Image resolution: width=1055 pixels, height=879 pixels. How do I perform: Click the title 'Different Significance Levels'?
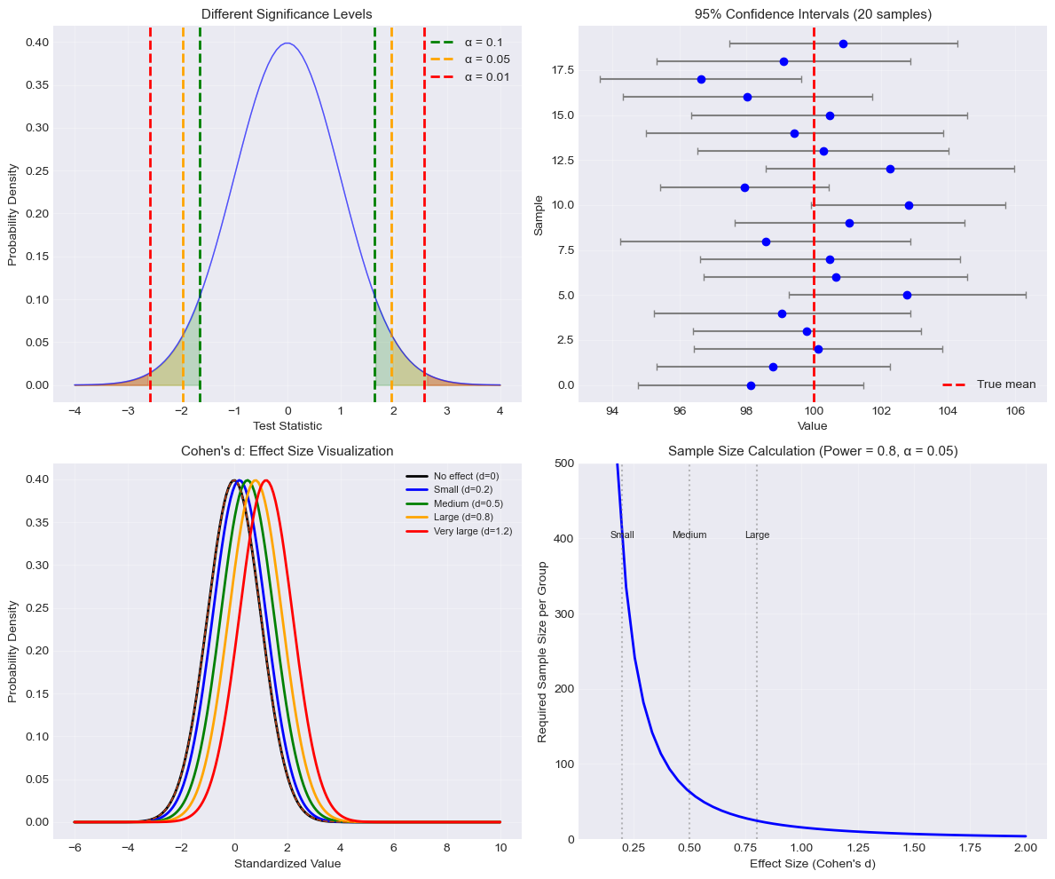(x=287, y=14)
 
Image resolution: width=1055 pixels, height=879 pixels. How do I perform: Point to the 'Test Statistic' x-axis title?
(x=287, y=426)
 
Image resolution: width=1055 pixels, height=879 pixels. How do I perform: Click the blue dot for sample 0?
(x=751, y=385)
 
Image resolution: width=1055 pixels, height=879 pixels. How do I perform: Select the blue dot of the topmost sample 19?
(x=843, y=44)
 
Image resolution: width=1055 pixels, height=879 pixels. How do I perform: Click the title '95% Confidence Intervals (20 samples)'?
(x=812, y=14)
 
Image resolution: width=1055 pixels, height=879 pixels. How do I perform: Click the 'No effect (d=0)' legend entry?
(x=466, y=477)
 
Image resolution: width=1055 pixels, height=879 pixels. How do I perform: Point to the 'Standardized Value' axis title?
(x=287, y=863)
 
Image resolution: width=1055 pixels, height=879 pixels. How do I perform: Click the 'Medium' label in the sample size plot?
(x=689, y=535)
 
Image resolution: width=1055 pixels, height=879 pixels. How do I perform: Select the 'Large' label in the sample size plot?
(x=757, y=535)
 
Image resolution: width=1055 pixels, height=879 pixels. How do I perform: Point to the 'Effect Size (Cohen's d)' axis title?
(x=812, y=863)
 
